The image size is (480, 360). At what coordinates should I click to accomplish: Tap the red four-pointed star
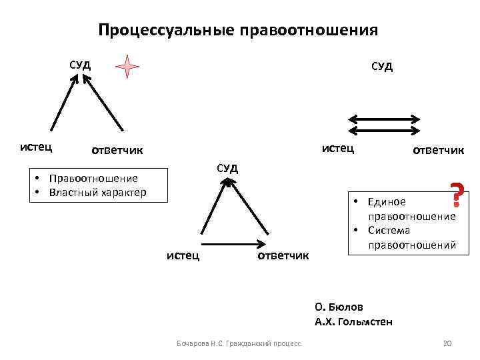[x=127, y=67]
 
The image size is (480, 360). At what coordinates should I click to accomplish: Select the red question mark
[x=457, y=194]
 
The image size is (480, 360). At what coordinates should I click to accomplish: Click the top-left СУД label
[x=81, y=65]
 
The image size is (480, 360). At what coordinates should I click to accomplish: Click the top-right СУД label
[x=382, y=66]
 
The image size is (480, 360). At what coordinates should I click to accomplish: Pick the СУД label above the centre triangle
[x=227, y=167]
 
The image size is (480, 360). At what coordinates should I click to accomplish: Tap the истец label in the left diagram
[x=37, y=146]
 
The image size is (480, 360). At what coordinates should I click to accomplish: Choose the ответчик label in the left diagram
[x=117, y=149]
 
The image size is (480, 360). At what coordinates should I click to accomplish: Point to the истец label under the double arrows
[x=338, y=147]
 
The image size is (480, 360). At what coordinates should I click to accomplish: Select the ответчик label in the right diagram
[x=438, y=149]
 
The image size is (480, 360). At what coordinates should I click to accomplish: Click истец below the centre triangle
[x=183, y=255]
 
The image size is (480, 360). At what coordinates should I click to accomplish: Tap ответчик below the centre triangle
[x=283, y=255]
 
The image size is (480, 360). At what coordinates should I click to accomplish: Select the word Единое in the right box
[x=389, y=201]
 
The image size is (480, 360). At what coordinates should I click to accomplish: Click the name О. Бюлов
[x=339, y=307]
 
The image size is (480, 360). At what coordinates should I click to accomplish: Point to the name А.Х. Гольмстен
[x=353, y=322]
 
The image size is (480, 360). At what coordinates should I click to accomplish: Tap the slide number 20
[x=447, y=343]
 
